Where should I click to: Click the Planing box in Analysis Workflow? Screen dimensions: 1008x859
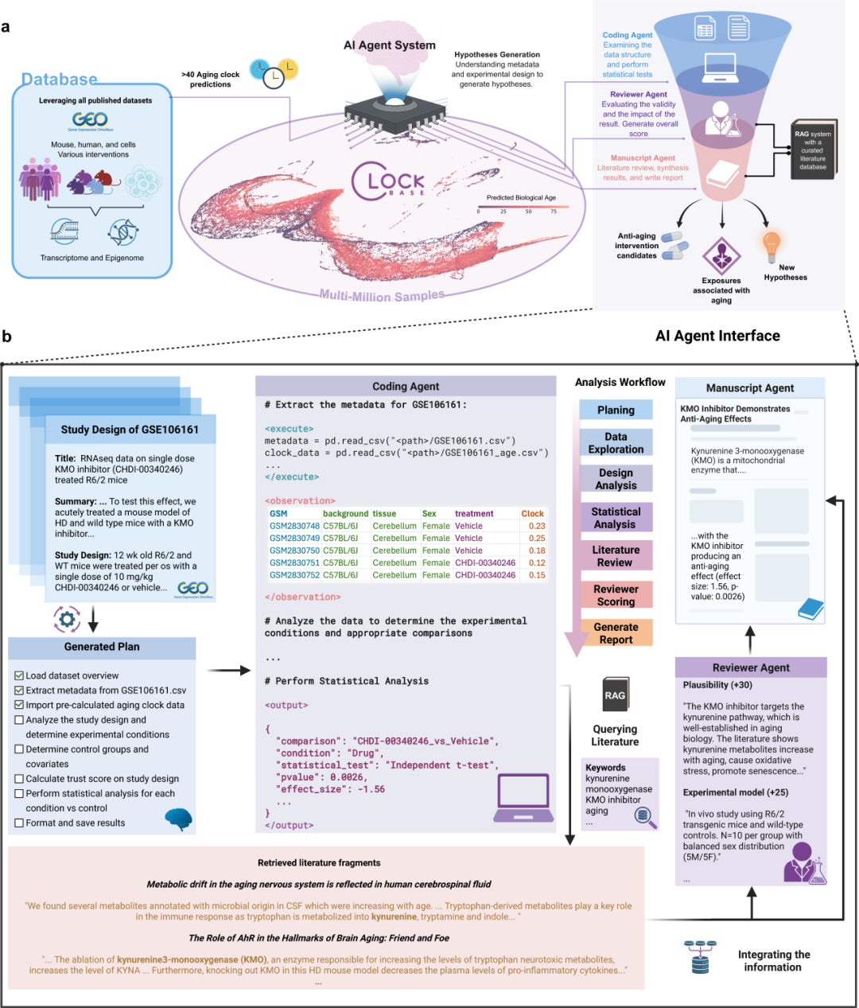[616, 410]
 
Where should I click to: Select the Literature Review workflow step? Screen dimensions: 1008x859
[616, 556]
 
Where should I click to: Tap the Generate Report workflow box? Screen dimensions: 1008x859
[616, 633]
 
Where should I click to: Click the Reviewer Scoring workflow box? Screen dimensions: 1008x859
[616, 595]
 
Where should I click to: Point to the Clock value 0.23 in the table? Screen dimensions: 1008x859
[537, 526]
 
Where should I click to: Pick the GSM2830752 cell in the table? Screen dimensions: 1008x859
[294, 575]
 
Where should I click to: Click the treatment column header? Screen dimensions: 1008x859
[474, 514]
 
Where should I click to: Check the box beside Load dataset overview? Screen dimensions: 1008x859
[19, 675]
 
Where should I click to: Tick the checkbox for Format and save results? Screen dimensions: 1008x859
[19, 823]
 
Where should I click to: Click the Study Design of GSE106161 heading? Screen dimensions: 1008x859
[130, 430]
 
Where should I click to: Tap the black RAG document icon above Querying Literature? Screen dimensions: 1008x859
[615, 695]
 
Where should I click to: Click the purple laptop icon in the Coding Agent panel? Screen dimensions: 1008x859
[523, 799]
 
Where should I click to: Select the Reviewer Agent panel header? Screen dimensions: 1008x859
[751, 667]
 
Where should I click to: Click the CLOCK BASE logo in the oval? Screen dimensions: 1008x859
[388, 183]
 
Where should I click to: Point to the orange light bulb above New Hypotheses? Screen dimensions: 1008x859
[771, 246]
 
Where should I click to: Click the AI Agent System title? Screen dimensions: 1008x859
[390, 45]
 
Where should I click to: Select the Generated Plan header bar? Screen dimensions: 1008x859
[102, 647]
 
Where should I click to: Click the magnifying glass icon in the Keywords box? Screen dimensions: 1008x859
[645, 817]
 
